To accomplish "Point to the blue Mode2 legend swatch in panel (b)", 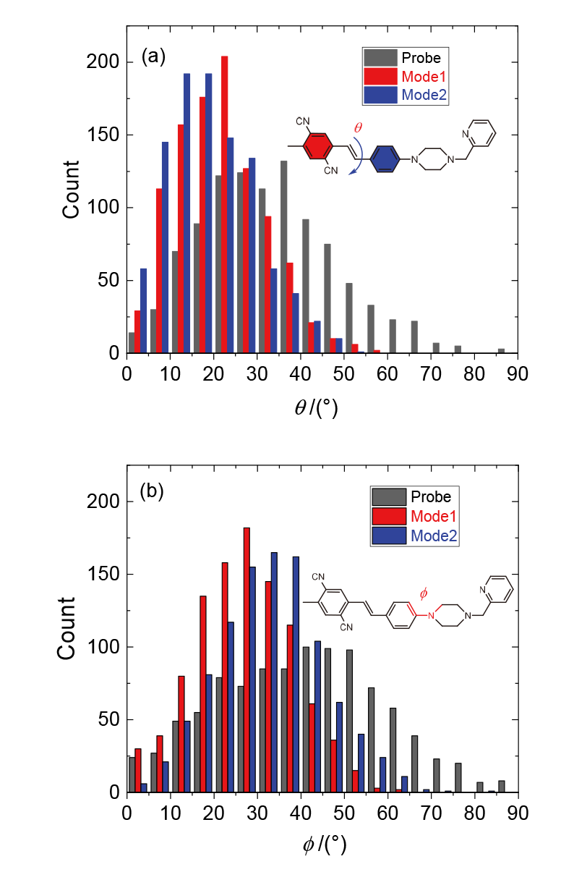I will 389,536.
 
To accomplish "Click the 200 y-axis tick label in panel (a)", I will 108,62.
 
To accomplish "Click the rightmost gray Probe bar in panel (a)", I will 501,351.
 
